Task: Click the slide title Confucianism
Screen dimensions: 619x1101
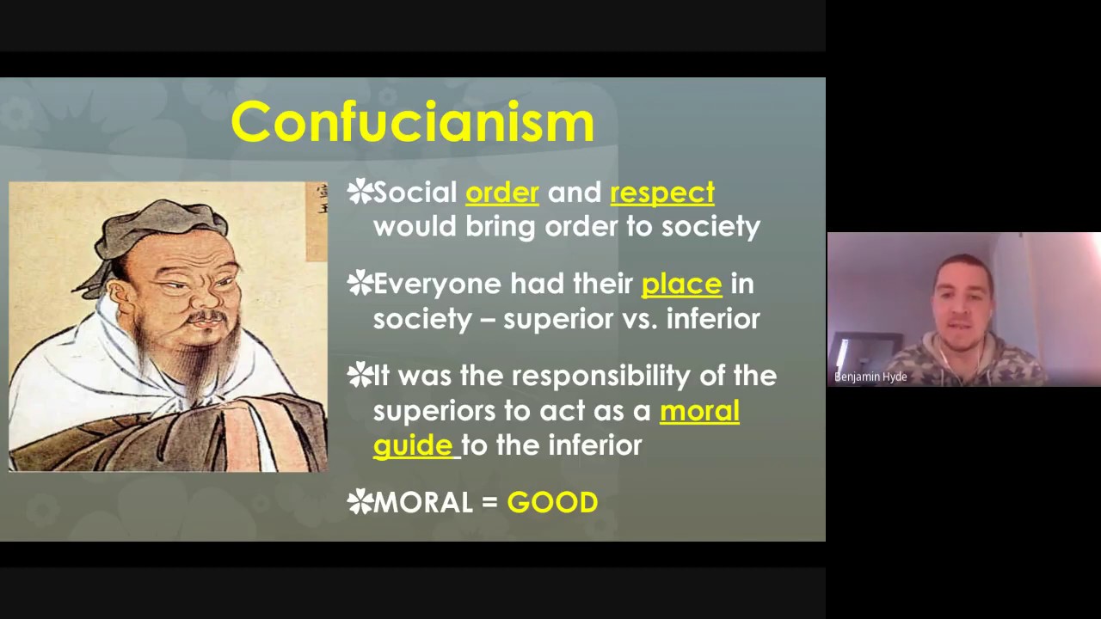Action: tap(412, 122)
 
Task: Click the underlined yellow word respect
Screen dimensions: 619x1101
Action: tap(661, 193)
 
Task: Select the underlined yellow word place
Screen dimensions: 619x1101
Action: tap(681, 284)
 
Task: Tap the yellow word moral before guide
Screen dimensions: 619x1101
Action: tap(699, 411)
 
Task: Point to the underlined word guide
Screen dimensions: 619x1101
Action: tap(413, 445)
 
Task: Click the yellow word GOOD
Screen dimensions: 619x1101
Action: tap(552, 503)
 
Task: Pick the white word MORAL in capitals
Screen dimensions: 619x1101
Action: tap(423, 503)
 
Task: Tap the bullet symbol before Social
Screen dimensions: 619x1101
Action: tap(359, 192)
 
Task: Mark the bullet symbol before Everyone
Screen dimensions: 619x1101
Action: tap(359, 283)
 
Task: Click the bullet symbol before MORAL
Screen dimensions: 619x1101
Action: tap(359, 502)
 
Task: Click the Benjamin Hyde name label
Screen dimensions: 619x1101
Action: tap(870, 377)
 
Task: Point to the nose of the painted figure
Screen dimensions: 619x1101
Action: tap(206, 298)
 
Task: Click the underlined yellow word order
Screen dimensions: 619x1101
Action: tap(501, 193)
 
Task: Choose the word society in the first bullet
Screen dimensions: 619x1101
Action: tap(710, 227)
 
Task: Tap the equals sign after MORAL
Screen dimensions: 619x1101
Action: tap(489, 503)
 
